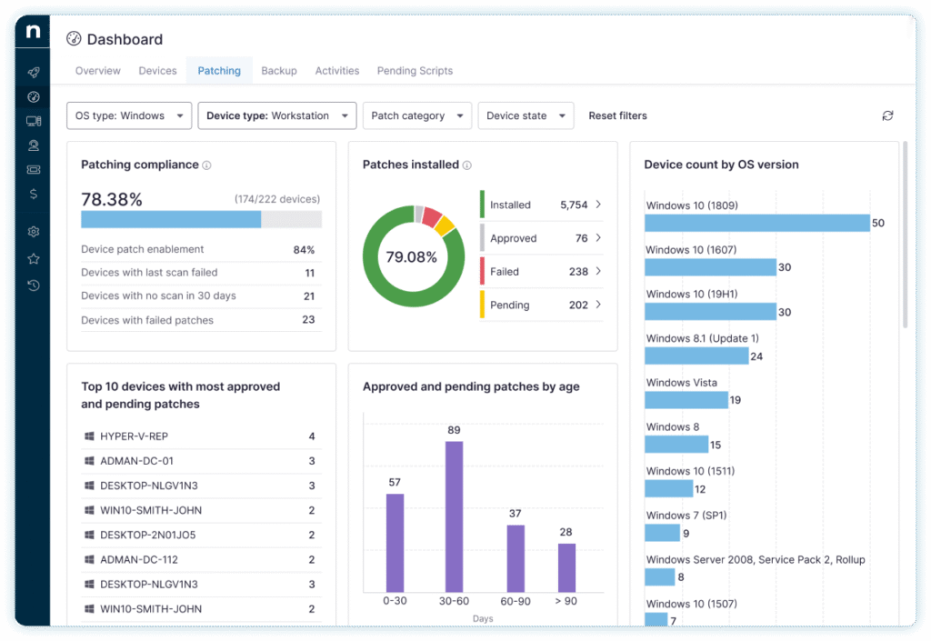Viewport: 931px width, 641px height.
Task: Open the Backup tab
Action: (x=279, y=71)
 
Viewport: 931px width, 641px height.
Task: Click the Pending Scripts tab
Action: (x=415, y=71)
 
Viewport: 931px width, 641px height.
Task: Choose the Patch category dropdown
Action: (x=416, y=116)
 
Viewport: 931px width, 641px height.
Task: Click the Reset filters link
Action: (x=617, y=116)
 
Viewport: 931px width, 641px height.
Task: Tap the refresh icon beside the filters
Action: (x=887, y=115)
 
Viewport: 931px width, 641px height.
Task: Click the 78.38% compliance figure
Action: (x=112, y=199)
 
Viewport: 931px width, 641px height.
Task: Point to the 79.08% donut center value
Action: (x=411, y=257)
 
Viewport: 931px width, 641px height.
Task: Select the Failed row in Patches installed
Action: (x=541, y=271)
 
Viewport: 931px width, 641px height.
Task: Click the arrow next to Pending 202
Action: (x=598, y=305)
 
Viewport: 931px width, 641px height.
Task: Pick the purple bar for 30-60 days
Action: (x=453, y=516)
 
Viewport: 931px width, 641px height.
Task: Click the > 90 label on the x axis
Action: (x=566, y=601)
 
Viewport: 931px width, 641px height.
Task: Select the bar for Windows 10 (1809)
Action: (x=757, y=223)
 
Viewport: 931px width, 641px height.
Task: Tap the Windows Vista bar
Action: (x=686, y=400)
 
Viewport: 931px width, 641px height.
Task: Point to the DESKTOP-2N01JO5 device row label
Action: (x=147, y=535)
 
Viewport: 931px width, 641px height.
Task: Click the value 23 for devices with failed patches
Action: (x=308, y=320)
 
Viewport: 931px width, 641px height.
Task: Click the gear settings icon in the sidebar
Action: (x=34, y=232)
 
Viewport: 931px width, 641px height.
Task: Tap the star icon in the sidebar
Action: (x=34, y=258)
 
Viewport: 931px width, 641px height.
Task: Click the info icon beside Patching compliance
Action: (x=206, y=165)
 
